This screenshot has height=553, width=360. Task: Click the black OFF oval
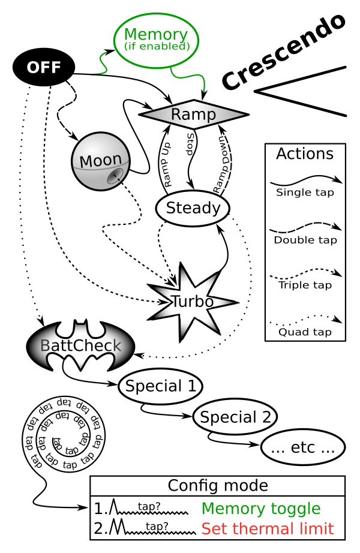click(x=44, y=66)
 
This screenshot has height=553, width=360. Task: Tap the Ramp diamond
click(x=193, y=114)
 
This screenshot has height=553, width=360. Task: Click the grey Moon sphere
click(x=100, y=161)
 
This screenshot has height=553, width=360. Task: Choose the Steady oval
click(x=193, y=209)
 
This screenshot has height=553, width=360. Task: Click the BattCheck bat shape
click(x=80, y=346)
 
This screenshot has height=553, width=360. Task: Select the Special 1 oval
click(x=160, y=386)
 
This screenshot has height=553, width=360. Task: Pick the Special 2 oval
click(x=235, y=416)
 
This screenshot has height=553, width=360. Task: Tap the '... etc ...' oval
click(x=304, y=447)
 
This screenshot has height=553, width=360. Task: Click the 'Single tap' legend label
click(x=305, y=193)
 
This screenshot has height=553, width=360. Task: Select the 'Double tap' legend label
click(x=305, y=240)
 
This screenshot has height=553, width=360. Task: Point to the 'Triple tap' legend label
click(x=305, y=285)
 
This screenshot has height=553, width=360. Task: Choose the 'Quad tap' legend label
click(x=305, y=330)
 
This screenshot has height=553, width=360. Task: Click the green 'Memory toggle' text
click(x=261, y=509)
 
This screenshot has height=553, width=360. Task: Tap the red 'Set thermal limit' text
click(x=267, y=529)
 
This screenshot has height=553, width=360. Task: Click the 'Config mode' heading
click(x=217, y=486)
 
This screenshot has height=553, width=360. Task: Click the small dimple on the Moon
click(x=114, y=176)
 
